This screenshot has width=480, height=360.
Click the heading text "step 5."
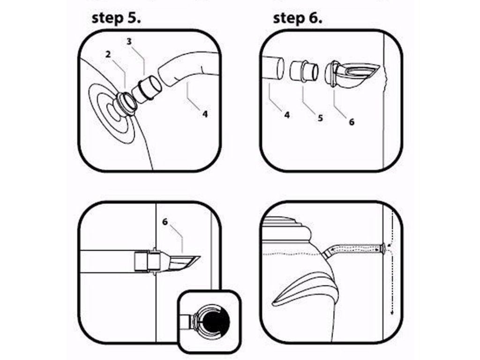tap(116, 18)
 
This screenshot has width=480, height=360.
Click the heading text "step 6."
tap(298, 18)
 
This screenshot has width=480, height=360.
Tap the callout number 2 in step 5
tap(108, 54)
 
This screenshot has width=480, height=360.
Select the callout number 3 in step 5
tap(129, 41)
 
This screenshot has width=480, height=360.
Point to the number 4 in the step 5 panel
tap(205, 114)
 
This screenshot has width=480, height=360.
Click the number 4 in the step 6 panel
tap(287, 115)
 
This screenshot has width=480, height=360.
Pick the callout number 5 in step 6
tap(320, 118)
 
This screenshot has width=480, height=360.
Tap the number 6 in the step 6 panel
tap(352, 122)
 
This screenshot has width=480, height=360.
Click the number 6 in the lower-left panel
tap(165, 222)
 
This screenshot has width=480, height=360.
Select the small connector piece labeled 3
tap(147, 90)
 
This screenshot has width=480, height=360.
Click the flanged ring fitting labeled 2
tap(126, 103)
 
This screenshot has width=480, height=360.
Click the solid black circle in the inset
tap(214, 321)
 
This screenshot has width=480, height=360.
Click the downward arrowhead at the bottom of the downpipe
tap(391, 313)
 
